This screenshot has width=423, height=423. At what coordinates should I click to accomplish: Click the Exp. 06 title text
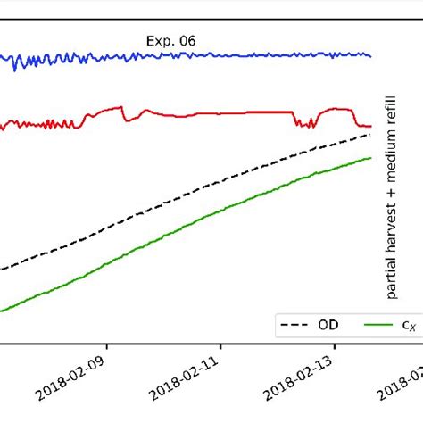click(x=170, y=40)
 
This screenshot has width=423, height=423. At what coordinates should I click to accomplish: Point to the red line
click(x=223, y=113)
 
